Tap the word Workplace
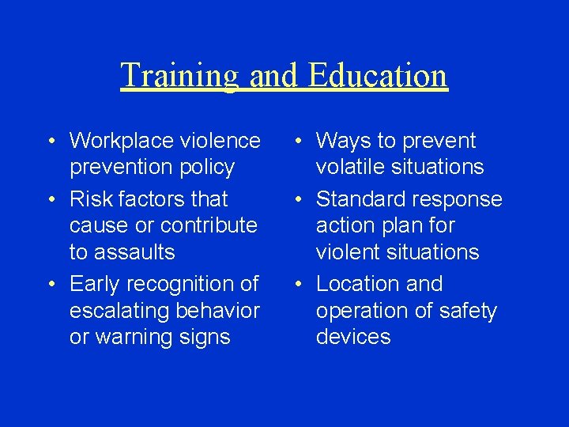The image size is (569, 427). (x=122, y=141)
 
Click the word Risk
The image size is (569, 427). (x=90, y=199)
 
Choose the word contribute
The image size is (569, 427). (x=210, y=225)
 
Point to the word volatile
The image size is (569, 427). (x=349, y=168)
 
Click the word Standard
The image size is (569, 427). (x=360, y=199)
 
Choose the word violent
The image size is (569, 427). (x=349, y=252)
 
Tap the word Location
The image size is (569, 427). (x=359, y=283)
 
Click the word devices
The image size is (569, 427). (x=353, y=337)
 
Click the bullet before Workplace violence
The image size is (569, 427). (x=50, y=142)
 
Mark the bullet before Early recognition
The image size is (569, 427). (x=50, y=284)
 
